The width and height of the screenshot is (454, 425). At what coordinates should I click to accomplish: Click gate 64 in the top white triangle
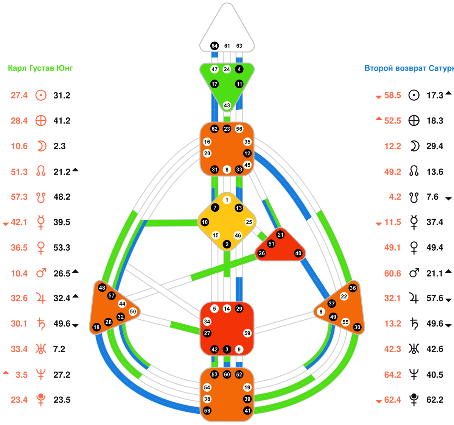(x=215, y=46)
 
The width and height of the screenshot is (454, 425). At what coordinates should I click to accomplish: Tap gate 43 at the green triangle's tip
(x=227, y=105)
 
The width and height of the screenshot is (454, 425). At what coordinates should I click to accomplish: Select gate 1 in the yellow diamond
(x=227, y=200)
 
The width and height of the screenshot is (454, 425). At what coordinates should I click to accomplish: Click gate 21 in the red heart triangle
(x=280, y=235)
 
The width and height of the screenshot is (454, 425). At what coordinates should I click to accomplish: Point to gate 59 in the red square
(x=247, y=333)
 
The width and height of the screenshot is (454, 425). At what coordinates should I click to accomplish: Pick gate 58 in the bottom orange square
(x=207, y=411)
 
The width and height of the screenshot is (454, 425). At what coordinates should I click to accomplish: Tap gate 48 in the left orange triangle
(x=102, y=287)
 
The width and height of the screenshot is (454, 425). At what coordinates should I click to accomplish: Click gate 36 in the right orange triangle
(x=353, y=288)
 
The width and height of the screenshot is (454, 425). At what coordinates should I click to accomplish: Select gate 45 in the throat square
(x=247, y=165)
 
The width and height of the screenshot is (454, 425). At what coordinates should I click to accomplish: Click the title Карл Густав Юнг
(x=40, y=69)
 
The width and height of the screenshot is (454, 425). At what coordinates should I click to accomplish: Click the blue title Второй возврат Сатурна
(x=409, y=69)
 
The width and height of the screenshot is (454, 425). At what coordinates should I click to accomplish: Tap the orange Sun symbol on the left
(x=41, y=95)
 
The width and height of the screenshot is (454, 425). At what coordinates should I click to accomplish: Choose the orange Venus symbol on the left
(x=41, y=248)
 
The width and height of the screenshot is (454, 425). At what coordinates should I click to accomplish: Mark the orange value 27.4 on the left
(x=19, y=95)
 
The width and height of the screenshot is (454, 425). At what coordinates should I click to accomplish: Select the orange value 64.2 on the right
(x=393, y=375)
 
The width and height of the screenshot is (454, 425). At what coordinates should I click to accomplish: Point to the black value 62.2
(x=435, y=400)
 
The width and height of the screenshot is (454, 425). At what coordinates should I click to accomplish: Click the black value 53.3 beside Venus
(x=62, y=248)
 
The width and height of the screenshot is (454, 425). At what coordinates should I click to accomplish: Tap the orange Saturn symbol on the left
(x=41, y=324)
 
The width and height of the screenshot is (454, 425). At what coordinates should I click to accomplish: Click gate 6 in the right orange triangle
(x=321, y=312)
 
